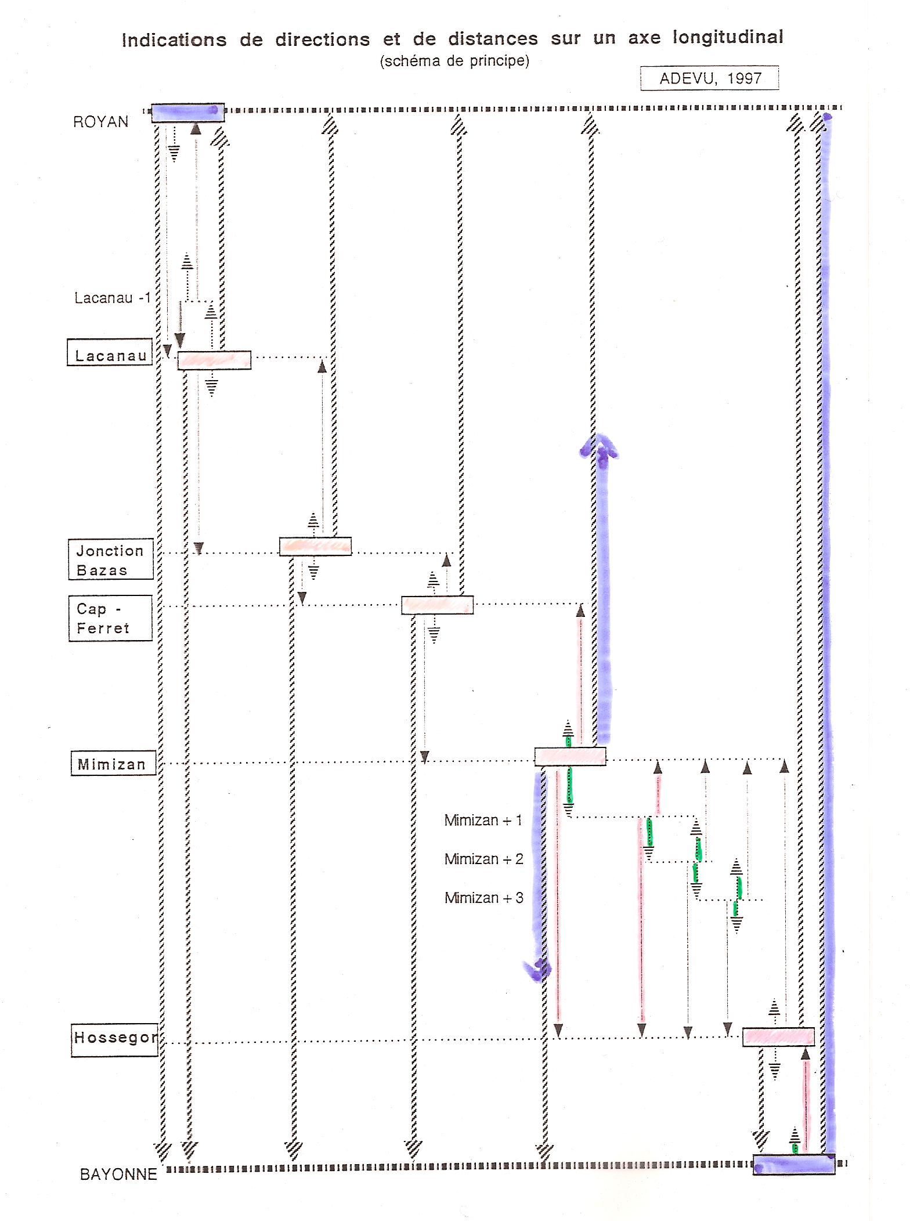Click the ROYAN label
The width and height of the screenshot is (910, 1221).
click(100, 122)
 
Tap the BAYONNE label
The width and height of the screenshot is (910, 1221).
click(118, 1175)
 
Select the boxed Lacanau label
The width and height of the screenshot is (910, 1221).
click(110, 352)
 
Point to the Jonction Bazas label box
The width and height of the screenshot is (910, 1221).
click(111, 559)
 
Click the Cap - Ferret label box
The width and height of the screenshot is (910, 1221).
click(110, 618)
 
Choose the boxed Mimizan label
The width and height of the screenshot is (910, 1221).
click(113, 763)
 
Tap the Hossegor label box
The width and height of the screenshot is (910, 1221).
click(115, 1040)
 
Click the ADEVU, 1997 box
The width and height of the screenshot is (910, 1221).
click(709, 78)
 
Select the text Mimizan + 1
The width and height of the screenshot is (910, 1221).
click(483, 820)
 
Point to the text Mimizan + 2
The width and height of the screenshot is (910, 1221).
click(483, 859)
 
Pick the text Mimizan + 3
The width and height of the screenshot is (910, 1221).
click(483, 898)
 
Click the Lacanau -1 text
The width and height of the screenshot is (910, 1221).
click(113, 298)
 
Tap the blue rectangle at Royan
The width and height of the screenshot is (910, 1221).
click(187, 113)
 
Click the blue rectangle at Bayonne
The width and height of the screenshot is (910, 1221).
click(793, 1164)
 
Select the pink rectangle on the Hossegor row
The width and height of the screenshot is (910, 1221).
click(778, 1036)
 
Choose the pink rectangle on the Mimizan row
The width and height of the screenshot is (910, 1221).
click(570, 756)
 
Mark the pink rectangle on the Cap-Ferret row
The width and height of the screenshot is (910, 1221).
click(437, 605)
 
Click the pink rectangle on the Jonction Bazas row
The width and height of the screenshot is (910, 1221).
click(315, 547)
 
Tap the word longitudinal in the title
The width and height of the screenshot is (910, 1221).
click(728, 37)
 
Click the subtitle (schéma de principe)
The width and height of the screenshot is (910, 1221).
click(454, 61)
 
